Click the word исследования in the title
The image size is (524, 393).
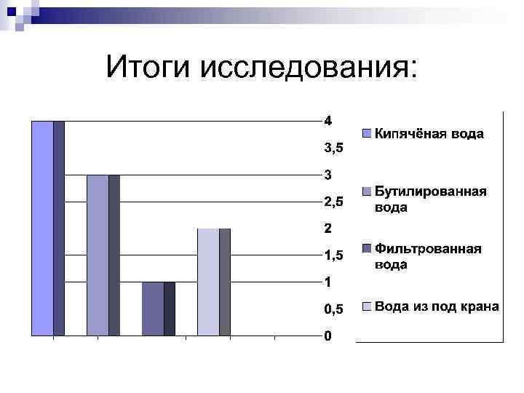(306, 69)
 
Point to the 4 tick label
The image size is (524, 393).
(328, 121)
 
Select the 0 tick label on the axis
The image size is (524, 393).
(328, 336)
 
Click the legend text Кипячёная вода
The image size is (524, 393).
(429, 134)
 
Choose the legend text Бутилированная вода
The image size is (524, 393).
(429, 199)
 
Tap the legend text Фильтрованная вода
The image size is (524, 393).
(428, 256)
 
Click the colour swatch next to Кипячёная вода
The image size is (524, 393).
(368, 134)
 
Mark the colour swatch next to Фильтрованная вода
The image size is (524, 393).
(368, 249)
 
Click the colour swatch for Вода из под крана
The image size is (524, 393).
(368, 307)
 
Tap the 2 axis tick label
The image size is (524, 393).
(328, 229)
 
